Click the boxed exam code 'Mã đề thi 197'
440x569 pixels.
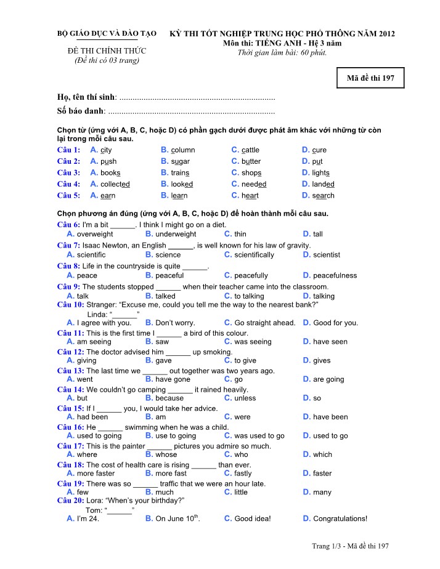(371, 78)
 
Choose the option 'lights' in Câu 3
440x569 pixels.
(321, 173)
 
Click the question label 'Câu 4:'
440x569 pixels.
(68, 184)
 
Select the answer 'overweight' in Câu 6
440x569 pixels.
(95, 234)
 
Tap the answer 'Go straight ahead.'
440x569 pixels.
(265, 323)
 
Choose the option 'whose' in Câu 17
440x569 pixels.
(166, 455)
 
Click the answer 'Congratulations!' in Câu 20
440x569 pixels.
(340, 519)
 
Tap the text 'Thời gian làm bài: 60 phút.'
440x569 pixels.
(282, 52)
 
